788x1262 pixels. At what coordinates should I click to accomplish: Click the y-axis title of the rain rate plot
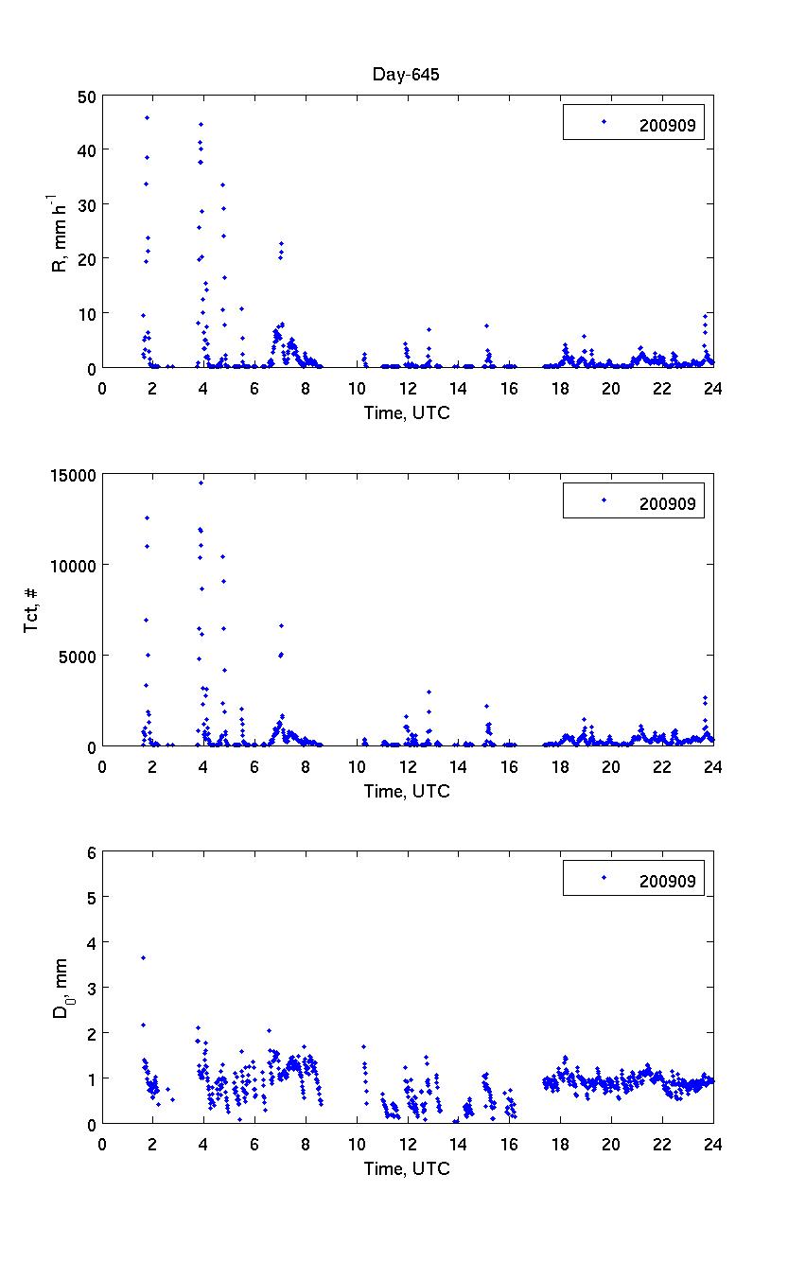(59, 232)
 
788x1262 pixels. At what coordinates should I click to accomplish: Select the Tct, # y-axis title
(32, 610)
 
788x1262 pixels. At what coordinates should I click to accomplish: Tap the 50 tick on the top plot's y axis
(86, 96)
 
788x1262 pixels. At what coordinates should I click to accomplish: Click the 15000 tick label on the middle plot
(72, 474)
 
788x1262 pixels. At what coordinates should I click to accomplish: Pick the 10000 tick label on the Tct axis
(72, 565)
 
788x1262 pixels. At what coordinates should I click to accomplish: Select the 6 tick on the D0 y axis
(91, 852)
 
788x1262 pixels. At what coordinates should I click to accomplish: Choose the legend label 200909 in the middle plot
(667, 502)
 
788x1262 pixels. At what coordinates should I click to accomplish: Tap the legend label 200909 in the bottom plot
(667, 881)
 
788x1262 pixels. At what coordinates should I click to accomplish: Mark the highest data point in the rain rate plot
(147, 117)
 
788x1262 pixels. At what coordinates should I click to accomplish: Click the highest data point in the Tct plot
(201, 482)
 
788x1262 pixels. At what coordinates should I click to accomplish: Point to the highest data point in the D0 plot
(143, 957)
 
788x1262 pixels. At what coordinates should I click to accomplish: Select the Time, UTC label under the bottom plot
(408, 1169)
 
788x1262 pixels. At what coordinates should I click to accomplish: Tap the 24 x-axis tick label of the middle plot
(713, 765)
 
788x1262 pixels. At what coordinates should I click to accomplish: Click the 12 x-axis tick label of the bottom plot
(408, 1144)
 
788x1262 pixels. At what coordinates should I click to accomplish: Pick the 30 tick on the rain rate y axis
(86, 204)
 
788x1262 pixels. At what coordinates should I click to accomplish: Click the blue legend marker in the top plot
(603, 121)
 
